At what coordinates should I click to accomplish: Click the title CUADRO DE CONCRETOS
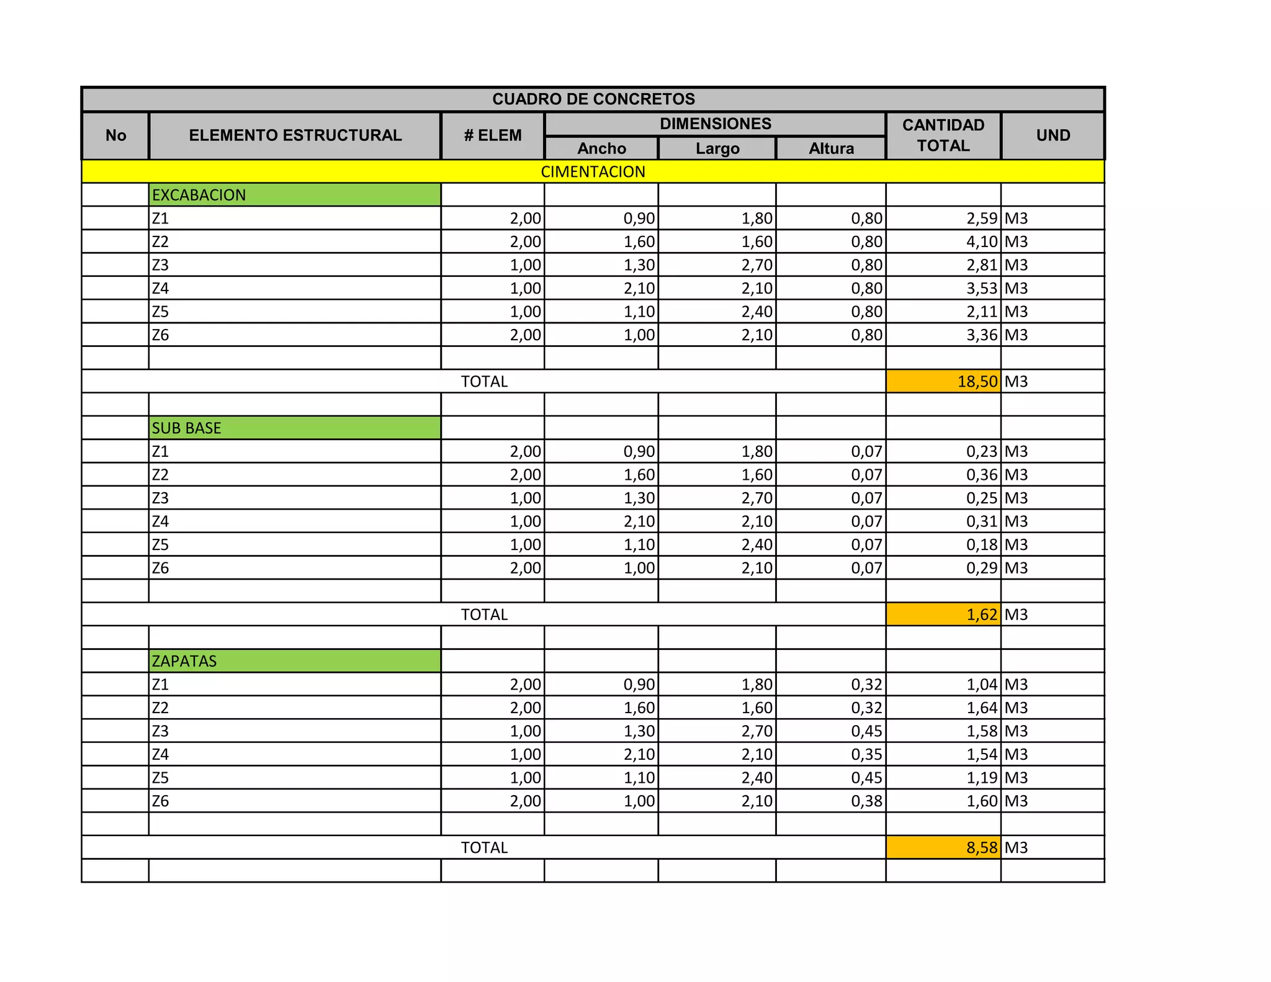[x=593, y=99]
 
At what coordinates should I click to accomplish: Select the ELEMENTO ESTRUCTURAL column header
[x=295, y=135]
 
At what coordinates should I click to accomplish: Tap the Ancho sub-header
[x=601, y=148]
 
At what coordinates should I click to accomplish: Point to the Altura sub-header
[x=831, y=148]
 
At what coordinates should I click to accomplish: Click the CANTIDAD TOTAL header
[x=943, y=135]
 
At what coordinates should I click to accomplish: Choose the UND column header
[x=1053, y=135]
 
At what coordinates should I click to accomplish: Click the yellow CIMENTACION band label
[x=593, y=172]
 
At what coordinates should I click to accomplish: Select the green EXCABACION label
[x=199, y=195]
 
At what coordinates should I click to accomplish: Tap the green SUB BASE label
[x=187, y=428]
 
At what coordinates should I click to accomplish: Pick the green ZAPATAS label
[x=184, y=661]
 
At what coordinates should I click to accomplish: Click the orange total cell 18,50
[x=977, y=382]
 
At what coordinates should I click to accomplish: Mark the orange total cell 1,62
[x=981, y=615]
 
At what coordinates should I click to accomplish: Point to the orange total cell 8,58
[x=981, y=848]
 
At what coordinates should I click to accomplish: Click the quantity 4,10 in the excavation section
[x=981, y=242]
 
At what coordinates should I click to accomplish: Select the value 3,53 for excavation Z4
[x=981, y=289]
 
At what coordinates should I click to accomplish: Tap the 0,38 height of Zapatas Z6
[x=866, y=801]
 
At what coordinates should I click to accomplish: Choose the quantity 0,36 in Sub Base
[x=981, y=475]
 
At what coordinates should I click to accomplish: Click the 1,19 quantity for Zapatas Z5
[x=981, y=778]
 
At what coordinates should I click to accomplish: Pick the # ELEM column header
[x=493, y=135]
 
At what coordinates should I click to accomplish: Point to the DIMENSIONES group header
[x=715, y=124]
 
